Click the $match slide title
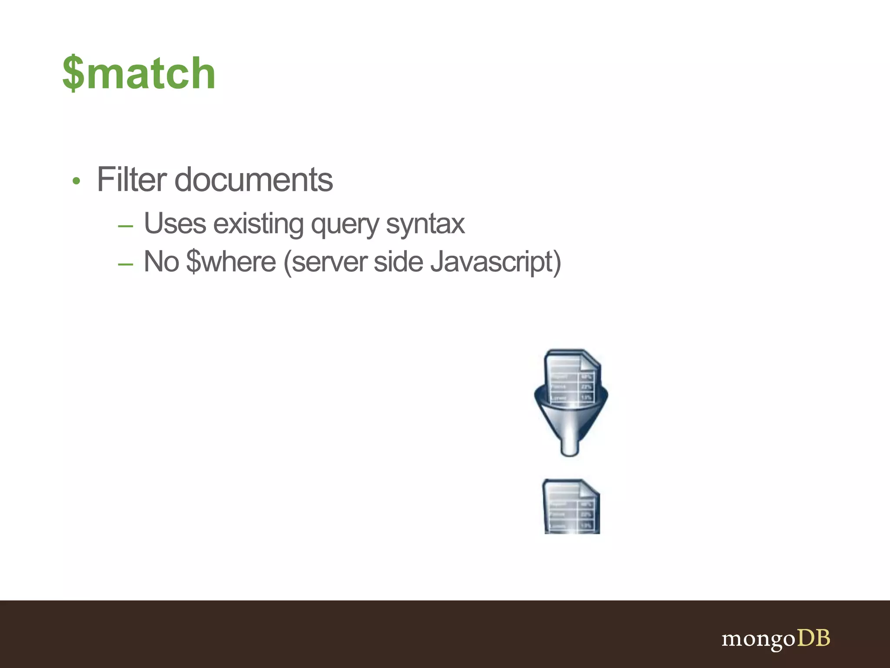click(139, 73)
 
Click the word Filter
click(131, 179)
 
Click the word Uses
click(175, 224)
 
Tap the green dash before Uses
click(125, 226)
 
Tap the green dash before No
click(125, 264)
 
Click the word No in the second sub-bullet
click(161, 261)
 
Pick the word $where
click(231, 262)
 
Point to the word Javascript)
click(495, 262)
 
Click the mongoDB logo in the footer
click(775, 639)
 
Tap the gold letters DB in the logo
click(813, 638)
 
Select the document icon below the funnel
click(571, 506)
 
